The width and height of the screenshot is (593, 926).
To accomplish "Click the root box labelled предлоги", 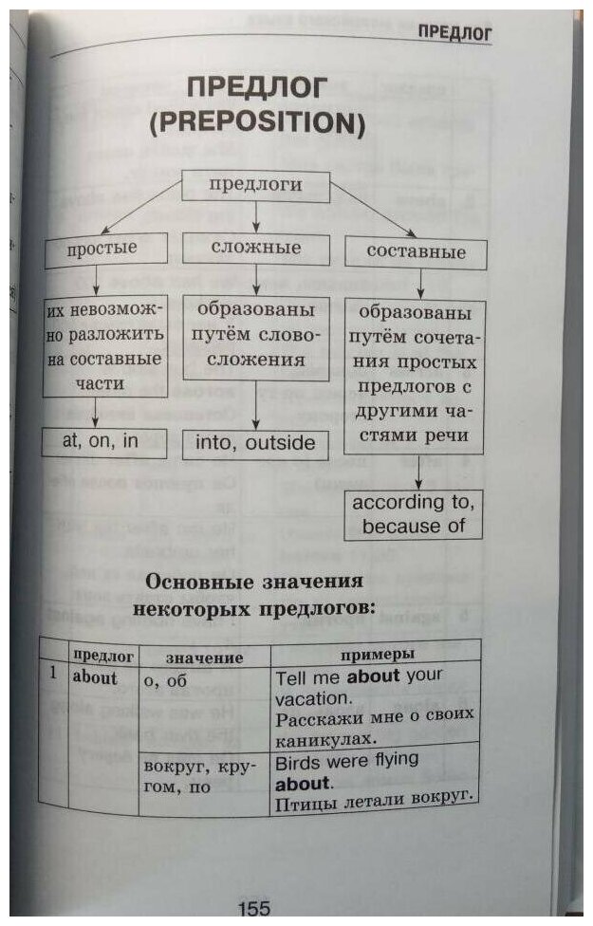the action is (255, 185).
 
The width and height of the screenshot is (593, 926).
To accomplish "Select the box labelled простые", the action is (102, 250).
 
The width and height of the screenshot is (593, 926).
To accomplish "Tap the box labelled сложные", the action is (254, 248).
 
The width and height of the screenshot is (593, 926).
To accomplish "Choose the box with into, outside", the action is (254, 444).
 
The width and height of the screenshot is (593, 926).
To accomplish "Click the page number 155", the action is (254, 909).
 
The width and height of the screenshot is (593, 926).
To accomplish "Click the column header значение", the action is (204, 657).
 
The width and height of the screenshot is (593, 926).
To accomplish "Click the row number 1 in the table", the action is (54, 676).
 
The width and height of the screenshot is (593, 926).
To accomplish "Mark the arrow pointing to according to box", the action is (417, 472).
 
